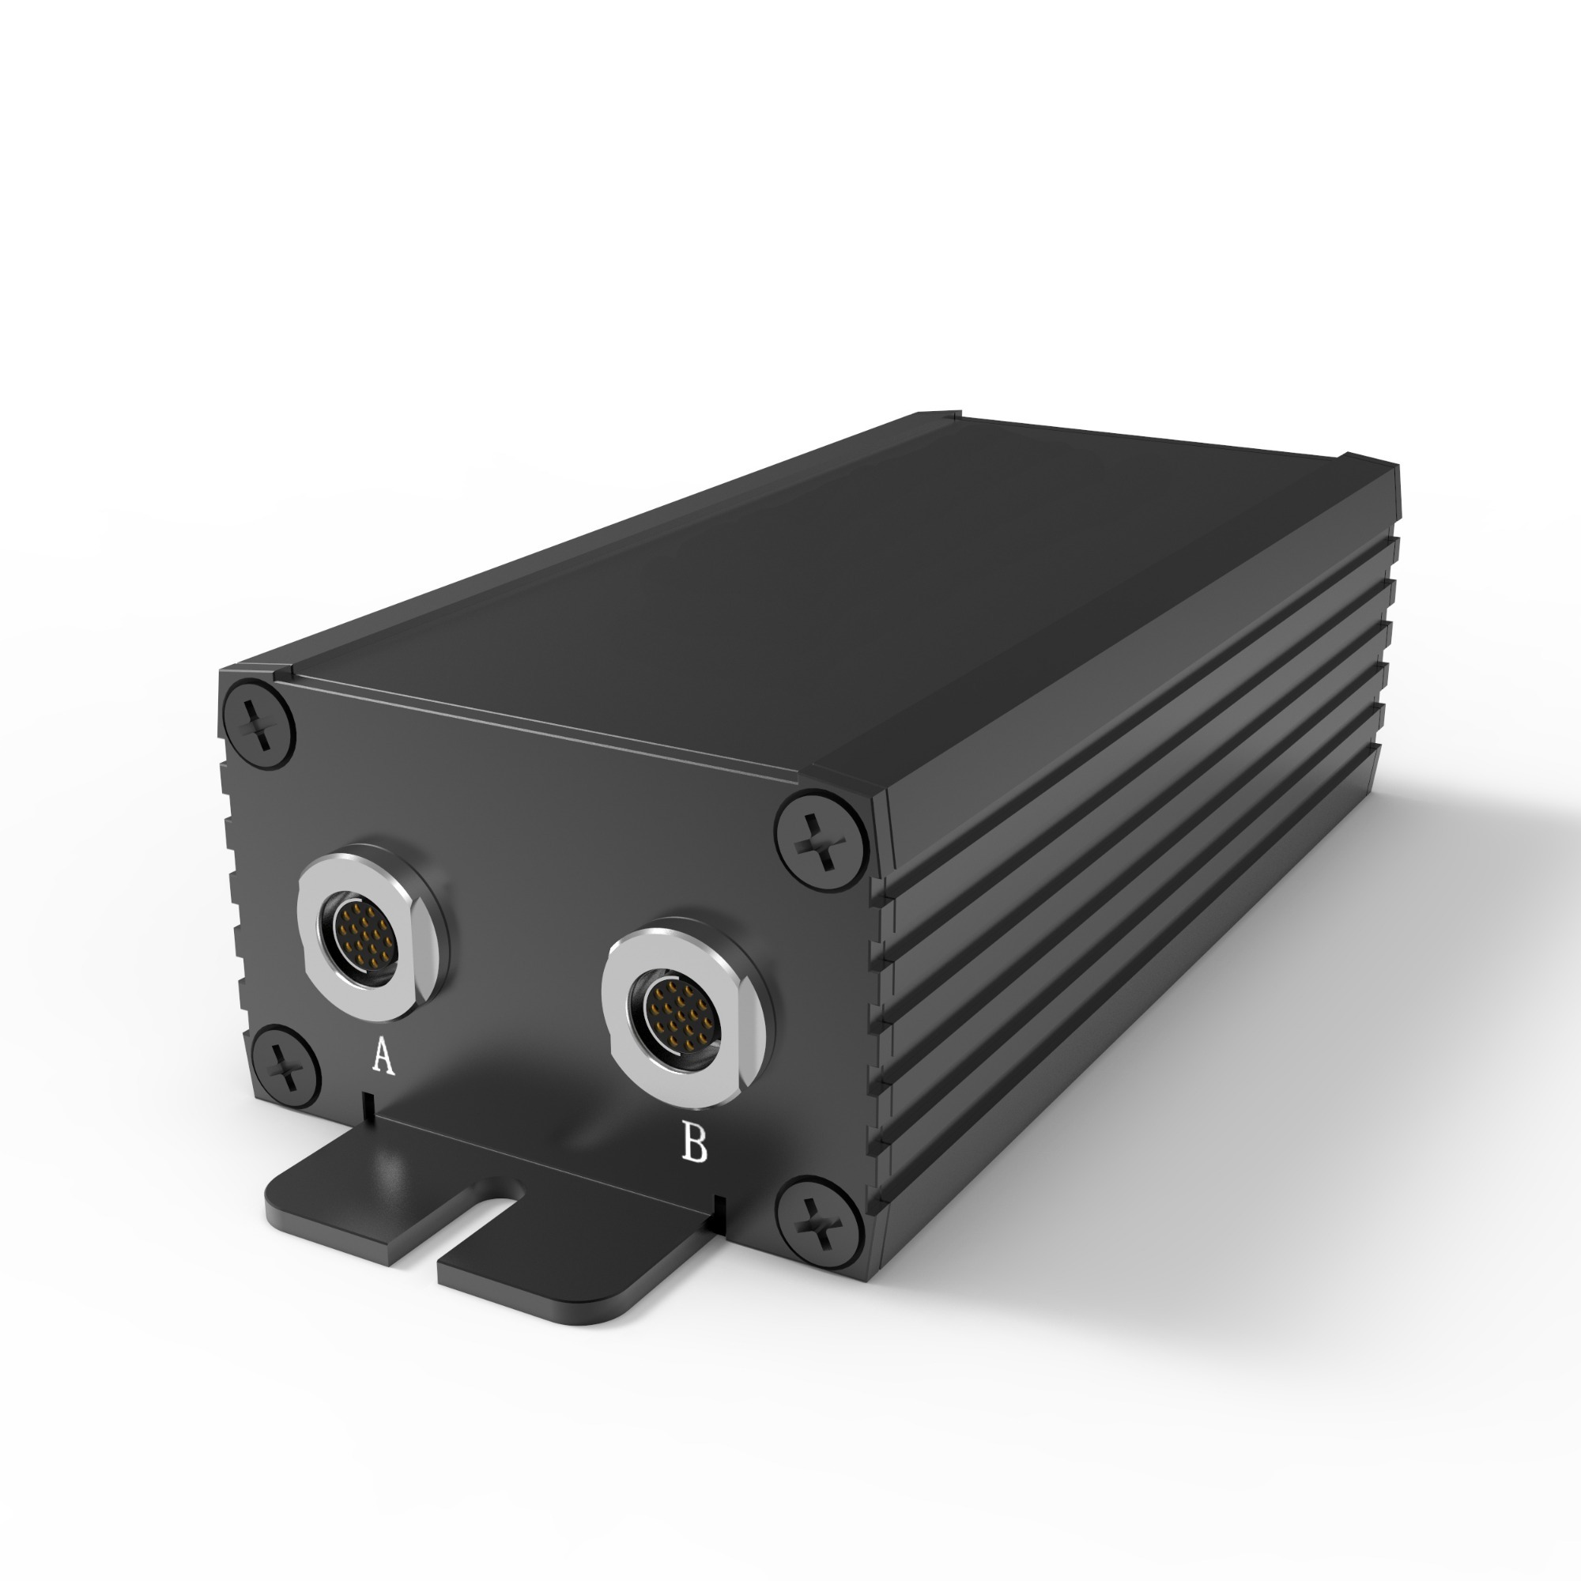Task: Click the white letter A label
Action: pyautogui.click(x=383, y=1055)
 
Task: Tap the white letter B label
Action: pyautogui.click(x=694, y=1143)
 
